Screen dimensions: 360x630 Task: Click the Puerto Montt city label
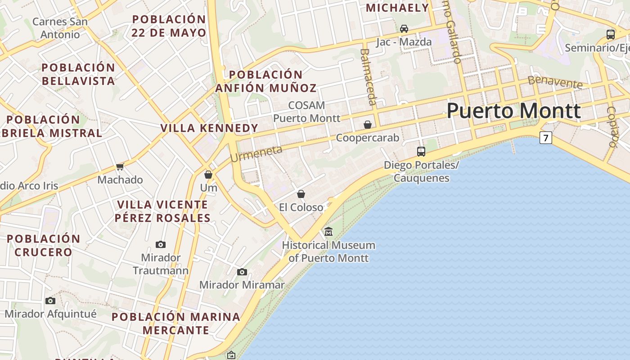click(x=513, y=111)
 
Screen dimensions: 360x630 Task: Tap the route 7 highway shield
click(x=545, y=138)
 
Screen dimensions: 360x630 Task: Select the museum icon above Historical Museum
click(x=328, y=232)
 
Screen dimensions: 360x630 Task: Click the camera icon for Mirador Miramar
click(x=242, y=272)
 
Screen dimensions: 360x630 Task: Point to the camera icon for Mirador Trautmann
click(x=161, y=244)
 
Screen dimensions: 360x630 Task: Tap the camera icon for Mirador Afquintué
click(x=50, y=301)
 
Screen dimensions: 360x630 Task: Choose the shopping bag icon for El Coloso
click(x=301, y=194)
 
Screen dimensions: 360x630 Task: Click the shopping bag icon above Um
click(x=208, y=174)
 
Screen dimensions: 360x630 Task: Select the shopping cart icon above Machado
click(x=120, y=167)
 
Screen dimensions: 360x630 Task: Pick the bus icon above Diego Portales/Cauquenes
click(x=421, y=152)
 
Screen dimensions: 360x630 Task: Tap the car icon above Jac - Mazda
click(x=404, y=29)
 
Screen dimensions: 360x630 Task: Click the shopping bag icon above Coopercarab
click(x=368, y=125)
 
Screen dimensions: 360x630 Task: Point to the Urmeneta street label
click(x=256, y=153)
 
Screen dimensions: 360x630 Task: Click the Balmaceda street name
click(x=368, y=76)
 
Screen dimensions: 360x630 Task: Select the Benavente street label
click(x=555, y=82)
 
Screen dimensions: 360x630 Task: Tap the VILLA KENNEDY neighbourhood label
click(x=210, y=128)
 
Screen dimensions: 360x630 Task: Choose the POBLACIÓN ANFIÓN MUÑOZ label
click(x=266, y=81)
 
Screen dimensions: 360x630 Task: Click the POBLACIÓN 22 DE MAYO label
click(x=169, y=26)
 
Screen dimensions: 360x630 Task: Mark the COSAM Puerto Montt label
click(x=307, y=112)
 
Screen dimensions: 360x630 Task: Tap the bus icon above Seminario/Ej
click(x=611, y=34)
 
